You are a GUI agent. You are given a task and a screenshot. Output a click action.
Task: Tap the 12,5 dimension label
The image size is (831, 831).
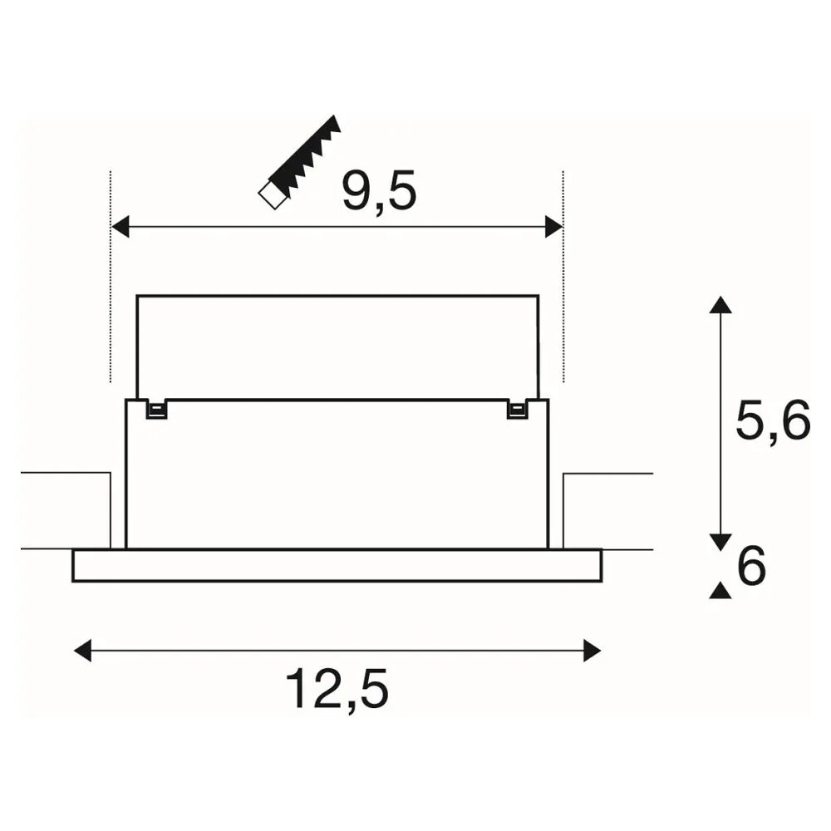[x=337, y=688]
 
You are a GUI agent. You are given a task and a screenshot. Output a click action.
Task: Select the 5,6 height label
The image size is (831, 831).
[x=773, y=420]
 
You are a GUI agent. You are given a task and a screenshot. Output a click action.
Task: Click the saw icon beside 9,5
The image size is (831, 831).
[x=299, y=162]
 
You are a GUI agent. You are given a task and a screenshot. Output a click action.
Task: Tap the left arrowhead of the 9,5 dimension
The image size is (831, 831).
[x=120, y=227]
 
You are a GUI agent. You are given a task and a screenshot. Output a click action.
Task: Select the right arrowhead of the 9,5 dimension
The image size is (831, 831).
[x=553, y=227]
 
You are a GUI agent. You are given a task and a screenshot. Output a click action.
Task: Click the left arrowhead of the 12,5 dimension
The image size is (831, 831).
[x=82, y=651]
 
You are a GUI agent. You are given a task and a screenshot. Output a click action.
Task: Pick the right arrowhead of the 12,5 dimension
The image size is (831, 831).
[x=592, y=651]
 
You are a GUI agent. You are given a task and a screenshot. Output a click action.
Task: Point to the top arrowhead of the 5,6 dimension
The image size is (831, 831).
[x=720, y=305]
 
